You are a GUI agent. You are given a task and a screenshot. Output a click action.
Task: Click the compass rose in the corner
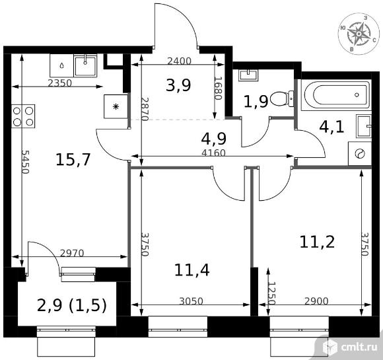tap(359, 34)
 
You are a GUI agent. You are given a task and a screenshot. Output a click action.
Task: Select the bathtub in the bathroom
tap(337, 94)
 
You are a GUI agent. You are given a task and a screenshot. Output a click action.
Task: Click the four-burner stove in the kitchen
tap(23, 116)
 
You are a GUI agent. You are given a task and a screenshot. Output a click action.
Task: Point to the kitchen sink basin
tap(85, 65)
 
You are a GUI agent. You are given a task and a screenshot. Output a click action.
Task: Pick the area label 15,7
tap(73, 160)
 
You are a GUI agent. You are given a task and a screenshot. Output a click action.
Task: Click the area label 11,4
tap(191, 270)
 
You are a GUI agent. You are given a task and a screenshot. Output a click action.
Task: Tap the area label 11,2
tap(317, 242)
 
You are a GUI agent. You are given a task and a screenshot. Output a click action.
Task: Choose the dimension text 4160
tap(214, 153)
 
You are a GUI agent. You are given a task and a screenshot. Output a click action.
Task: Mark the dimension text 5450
tap(25, 162)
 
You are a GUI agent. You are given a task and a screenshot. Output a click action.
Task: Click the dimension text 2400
tap(179, 61)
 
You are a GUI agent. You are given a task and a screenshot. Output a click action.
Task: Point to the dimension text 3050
tap(191, 301)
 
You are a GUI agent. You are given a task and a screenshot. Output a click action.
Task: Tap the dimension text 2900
tap(316, 301)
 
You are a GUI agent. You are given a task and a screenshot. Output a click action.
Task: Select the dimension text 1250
tap(271, 293)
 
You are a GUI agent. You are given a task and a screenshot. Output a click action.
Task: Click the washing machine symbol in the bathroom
tap(360, 153)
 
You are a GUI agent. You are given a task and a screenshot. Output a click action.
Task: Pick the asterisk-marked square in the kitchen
tap(116, 106)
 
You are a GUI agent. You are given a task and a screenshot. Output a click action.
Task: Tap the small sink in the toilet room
tap(248, 75)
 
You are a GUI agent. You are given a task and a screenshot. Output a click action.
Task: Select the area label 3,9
tap(178, 85)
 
